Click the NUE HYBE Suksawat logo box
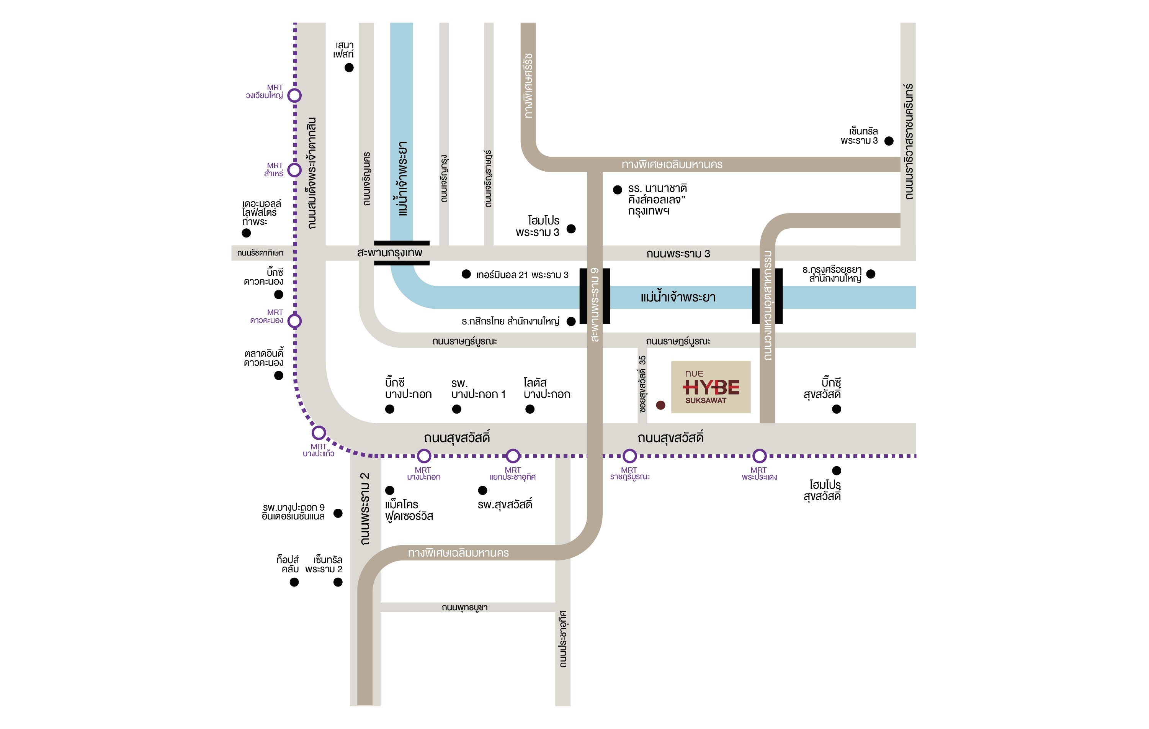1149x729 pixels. (711, 387)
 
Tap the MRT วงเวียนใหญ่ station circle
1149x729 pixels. (294, 95)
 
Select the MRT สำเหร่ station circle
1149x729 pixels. (294, 170)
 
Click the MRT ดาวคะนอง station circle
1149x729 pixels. (294, 321)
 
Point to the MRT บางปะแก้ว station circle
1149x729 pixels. (319, 433)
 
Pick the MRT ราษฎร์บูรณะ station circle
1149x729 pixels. (629, 456)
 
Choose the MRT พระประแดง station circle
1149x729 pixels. (759, 456)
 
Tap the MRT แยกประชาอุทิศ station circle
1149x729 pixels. (513, 456)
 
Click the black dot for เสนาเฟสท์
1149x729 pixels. (349, 68)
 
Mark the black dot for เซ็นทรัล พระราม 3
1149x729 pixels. (889, 141)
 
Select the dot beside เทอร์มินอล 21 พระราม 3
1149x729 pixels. (466, 274)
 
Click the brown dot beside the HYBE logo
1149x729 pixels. (660, 405)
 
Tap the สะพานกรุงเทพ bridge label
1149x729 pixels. (389, 252)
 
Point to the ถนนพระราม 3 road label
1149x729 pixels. (678, 254)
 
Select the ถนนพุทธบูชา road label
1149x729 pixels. (464, 607)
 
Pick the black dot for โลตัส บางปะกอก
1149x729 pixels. (530, 409)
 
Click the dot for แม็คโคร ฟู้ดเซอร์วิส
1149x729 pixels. (389, 490)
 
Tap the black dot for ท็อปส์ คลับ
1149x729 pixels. (294, 582)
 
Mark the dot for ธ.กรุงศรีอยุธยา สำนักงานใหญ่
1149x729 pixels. (871, 274)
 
